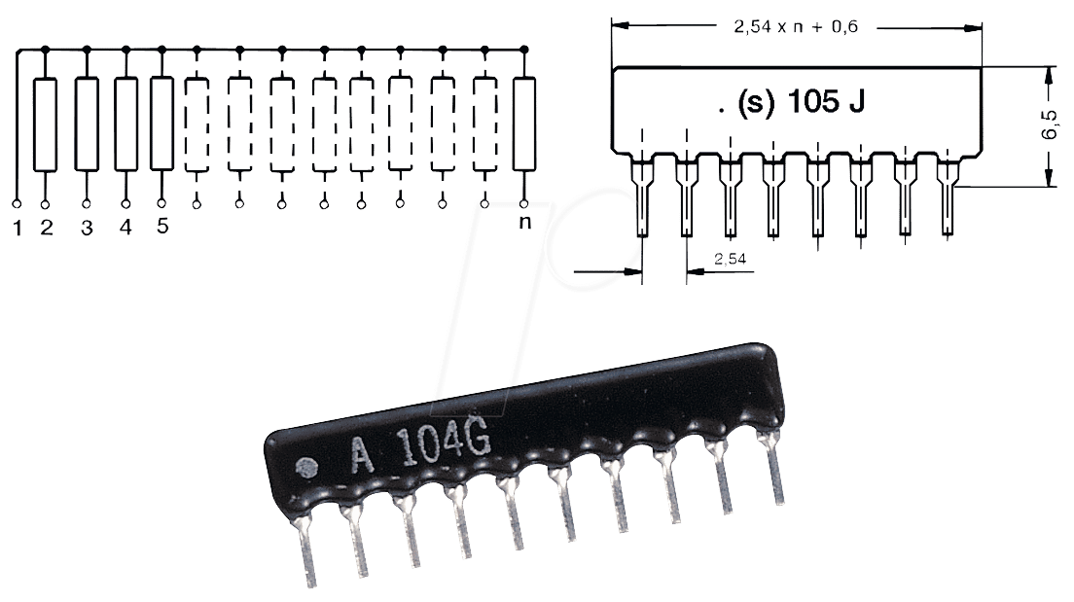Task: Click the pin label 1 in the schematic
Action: click(18, 229)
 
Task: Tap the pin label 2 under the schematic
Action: click(47, 228)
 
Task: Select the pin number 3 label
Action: click(87, 229)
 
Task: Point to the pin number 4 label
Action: click(125, 227)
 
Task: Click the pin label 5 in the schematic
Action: click(162, 226)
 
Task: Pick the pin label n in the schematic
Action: click(524, 223)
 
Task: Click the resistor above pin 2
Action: click(45, 124)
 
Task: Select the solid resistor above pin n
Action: click(524, 124)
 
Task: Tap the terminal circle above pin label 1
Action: click(18, 203)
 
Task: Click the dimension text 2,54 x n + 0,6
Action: click(796, 26)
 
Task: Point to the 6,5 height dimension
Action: click(1050, 125)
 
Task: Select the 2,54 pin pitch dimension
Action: click(731, 258)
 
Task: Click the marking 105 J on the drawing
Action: click(826, 101)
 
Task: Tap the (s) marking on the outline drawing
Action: click(756, 102)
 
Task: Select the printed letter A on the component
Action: click(362, 455)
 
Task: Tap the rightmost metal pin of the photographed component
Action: click(772, 468)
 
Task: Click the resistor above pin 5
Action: click(161, 124)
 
